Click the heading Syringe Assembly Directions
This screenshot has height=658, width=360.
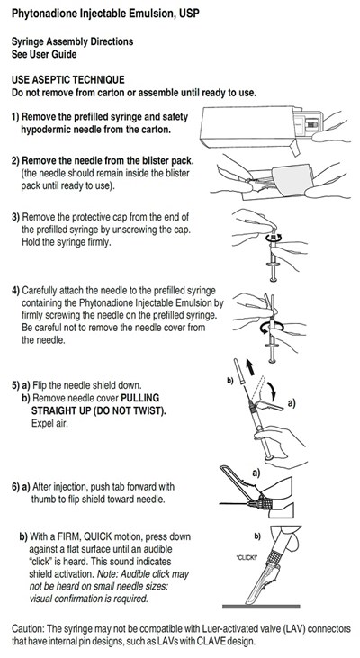[x=72, y=42]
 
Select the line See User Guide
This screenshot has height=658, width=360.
[x=43, y=54]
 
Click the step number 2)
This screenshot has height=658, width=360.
[x=18, y=160]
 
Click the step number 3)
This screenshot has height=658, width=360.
[x=18, y=217]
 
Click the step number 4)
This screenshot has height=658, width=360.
[x=18, y=291]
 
